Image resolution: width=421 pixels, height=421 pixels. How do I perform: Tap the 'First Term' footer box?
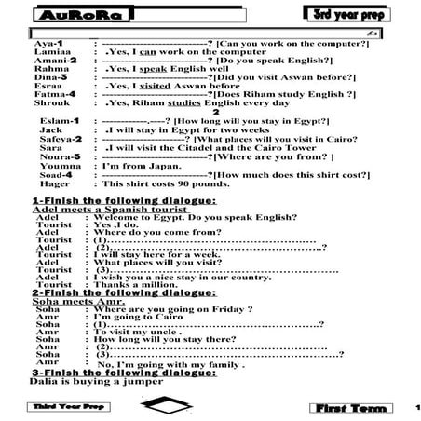click(350, 408)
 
